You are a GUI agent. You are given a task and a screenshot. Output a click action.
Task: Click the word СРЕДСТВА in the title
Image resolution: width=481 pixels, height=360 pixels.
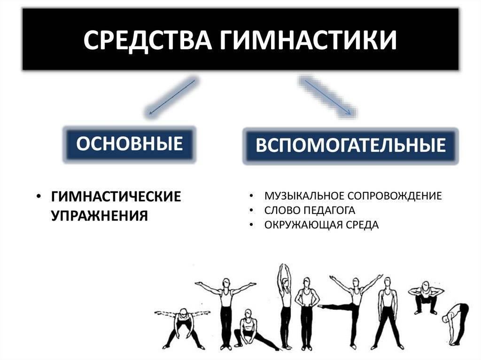point(147,40)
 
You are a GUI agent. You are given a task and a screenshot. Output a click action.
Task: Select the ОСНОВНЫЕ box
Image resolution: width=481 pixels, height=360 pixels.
point(130,144)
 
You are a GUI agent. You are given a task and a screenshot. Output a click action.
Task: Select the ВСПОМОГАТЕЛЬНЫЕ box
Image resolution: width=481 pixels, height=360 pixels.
point(350,146)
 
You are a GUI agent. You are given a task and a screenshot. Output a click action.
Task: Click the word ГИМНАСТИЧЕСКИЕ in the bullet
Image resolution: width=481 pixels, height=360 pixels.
point(116,196)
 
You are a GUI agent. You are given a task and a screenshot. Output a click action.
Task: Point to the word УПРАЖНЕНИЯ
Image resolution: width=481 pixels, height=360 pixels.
point(100,215)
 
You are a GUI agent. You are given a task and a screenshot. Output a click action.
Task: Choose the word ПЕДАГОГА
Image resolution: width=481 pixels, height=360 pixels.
point(329,210)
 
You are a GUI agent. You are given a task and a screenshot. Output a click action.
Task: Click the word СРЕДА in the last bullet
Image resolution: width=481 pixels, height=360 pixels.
point(362,225)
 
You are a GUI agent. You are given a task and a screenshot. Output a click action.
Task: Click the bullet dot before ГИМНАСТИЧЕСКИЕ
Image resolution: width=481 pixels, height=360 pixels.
point(39,197)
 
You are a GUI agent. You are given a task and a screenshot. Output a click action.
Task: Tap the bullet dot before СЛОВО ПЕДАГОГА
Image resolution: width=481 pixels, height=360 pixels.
point(252,210)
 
